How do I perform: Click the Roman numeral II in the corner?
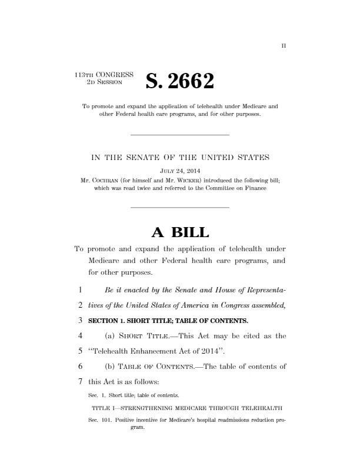coord(283,45)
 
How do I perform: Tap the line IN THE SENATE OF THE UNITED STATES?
coord(179,157)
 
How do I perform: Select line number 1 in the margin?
coord(78,290)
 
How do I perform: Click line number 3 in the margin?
coord(78,321)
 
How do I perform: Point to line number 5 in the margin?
coord(78,351)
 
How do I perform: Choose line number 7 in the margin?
coord(78,382)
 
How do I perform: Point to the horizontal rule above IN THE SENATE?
coord(179,136)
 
